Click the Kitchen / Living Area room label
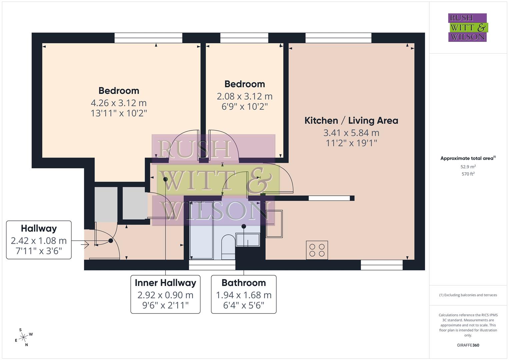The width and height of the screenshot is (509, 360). click(351, 121)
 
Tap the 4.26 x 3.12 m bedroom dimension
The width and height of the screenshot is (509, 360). click(119, 103)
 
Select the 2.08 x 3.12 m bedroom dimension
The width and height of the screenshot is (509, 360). click(244, 96)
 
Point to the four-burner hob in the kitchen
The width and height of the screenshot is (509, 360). click(317, 250)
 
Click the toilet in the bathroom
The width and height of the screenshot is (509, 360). click(228, 247)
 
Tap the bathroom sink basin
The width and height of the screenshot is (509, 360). click(248, 240)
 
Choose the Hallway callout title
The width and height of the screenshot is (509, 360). click(39, 229)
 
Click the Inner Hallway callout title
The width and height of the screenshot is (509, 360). click(165, 283)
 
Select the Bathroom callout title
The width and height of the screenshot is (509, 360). click(244, 283)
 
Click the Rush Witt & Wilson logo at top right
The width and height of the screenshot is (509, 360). click(467, 28)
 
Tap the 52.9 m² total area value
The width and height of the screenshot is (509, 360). click(468, 167)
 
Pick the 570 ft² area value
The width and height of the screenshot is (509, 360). click(468, 174)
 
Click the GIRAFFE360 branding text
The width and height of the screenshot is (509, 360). click(468, 345)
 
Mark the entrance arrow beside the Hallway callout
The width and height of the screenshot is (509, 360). click(85, 245)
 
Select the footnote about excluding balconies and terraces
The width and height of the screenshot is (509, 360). click(468, 295)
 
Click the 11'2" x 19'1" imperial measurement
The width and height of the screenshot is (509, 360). click(351, 143)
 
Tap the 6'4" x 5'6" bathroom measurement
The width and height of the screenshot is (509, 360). click(244, 305)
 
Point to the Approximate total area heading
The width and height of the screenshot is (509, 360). click(468, 158)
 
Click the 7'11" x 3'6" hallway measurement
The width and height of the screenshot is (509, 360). click(39, 251)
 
